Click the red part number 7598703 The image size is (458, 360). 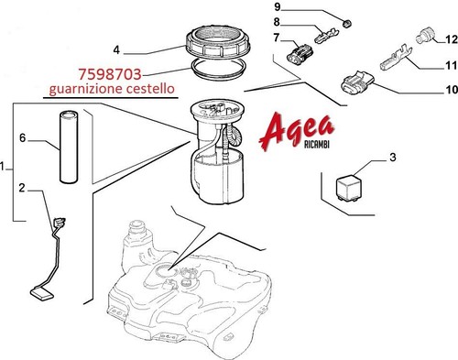pyautogui.click(x=110, y=74)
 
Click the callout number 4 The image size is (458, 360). pyautogui.click(x=116, y=49)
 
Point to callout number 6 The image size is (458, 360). pyautogui.click(x=23, y=138)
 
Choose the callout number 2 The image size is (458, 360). pyautogui.click(x=21, y=188)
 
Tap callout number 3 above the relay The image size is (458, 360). pyautogui.click(x=393, y=158)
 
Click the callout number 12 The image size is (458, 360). pyautogui.click(x=452, y=39)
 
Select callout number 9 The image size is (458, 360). pyautogui.click(x=278, y=6)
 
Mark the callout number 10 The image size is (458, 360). pyautogui.click(x=452, y=90)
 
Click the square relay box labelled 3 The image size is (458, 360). pyautogui.click(x=349, y=187)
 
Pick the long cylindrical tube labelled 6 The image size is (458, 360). pyautogui.click(x=69, y=147)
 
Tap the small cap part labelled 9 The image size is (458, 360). pyautogui.click(x=346, y=23)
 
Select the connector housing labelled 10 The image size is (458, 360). pyautogui.click(x=357, y=82)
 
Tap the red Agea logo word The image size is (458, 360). pyautogui.click(x=297, y=131)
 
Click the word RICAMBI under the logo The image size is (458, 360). pyautogui.click(x=317, y=145)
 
